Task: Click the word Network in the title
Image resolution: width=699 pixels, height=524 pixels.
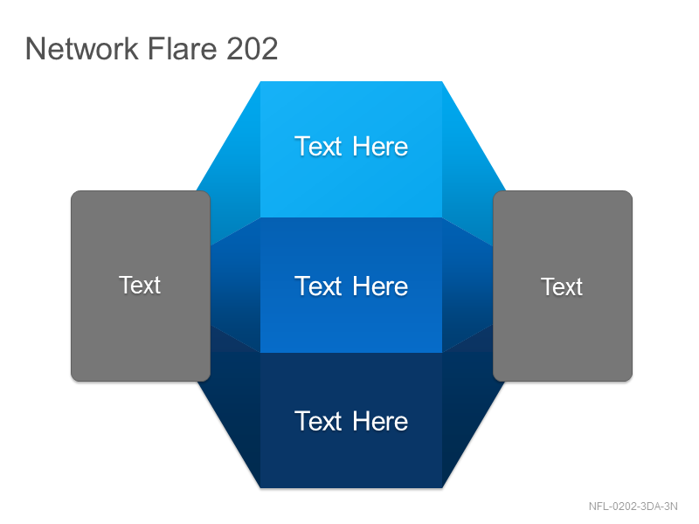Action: (x=82, y=48)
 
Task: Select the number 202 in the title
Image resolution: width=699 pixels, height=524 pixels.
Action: (x=253, y=48)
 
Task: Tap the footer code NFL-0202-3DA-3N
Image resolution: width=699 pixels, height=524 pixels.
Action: (x=633, y=507)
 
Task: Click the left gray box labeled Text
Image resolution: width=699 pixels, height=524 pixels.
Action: (x=141, y=286)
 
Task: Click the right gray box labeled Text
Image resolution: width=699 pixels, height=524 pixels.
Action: (x=563, y=286)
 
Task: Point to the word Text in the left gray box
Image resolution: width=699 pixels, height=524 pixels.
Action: (x=140, y=285)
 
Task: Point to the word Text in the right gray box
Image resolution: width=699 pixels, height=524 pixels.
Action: (x=562, y=286)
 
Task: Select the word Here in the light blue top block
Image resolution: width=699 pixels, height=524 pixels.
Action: (x=380, y=146)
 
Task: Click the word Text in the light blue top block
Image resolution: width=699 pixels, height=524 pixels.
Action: (x=318, y=146)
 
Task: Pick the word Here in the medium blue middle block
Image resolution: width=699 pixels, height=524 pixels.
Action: (x=380, y=286)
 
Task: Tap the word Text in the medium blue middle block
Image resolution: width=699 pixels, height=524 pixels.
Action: (x=318, y=286)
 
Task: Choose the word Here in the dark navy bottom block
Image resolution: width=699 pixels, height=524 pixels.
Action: (x=380, y=421)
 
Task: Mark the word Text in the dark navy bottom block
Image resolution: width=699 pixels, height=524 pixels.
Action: (x=318, y=421)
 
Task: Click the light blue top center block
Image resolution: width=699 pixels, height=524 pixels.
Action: (x=351, y=149)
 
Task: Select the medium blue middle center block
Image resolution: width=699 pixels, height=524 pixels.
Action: (x=351, y=286)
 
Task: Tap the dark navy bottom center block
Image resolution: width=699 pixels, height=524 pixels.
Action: (x=351, y=421)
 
